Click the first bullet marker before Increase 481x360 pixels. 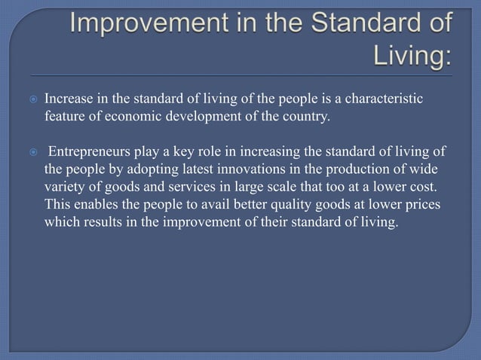pos(32,100)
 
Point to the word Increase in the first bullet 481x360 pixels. pos(69,99)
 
